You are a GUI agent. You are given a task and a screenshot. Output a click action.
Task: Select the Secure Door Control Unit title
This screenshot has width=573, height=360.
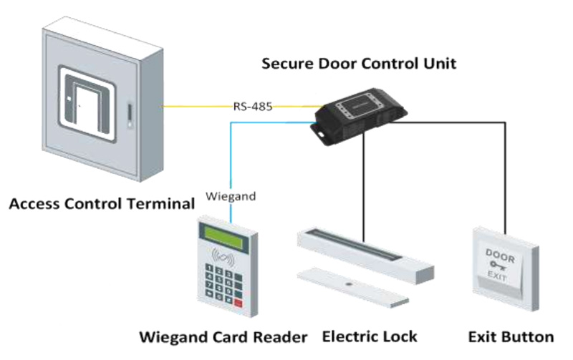[359, 63]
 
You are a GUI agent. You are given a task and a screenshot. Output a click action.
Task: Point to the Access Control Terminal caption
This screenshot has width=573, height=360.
[102, 204]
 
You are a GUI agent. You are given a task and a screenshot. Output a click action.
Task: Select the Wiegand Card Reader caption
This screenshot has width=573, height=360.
[223, 336]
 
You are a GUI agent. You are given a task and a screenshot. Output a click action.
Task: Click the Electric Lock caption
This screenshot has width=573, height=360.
[370, 336]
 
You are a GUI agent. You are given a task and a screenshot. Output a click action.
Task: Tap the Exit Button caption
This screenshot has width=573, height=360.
[511, 336]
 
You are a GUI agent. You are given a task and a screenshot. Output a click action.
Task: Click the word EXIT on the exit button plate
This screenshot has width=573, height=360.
[499, 275]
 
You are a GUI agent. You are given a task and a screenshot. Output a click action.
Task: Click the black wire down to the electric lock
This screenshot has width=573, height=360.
[364, 186]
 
